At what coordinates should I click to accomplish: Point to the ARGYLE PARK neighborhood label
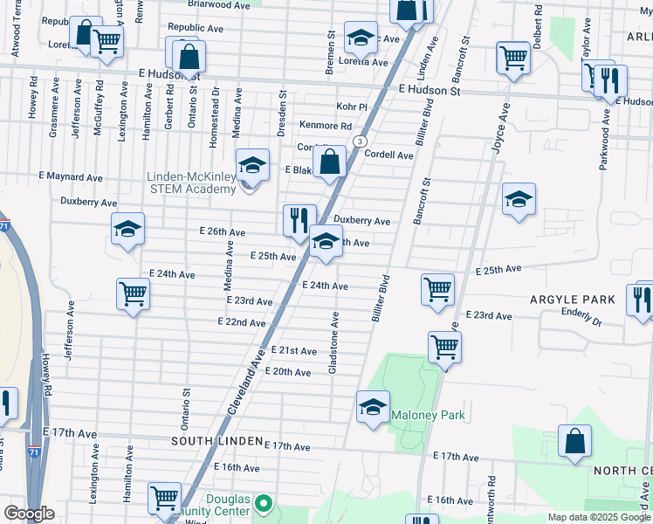click(572, 300)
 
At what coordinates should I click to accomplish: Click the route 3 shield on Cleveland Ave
click(359, 141)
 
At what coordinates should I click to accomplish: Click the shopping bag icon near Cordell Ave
click(330, 162)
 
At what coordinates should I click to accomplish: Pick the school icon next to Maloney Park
click(373, 406)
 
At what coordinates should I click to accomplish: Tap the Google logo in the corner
click(29, 514)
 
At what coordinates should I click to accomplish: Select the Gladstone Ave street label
click(333, 343)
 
